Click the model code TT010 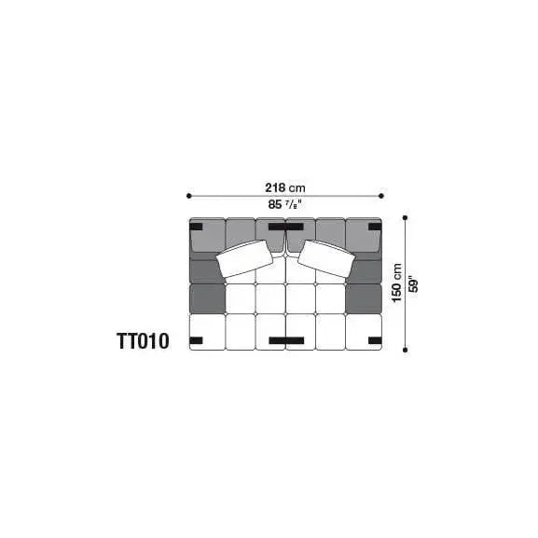[143, 341]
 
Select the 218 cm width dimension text [285, 187]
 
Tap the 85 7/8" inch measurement [285, 204]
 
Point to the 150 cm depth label [397, 283]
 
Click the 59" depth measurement [414, 283]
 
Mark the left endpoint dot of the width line [188, 196]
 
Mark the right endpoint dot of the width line [381, 196]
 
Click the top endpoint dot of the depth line [406, 217]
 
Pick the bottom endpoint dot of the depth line [406, 350]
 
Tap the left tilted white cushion [244, 259]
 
